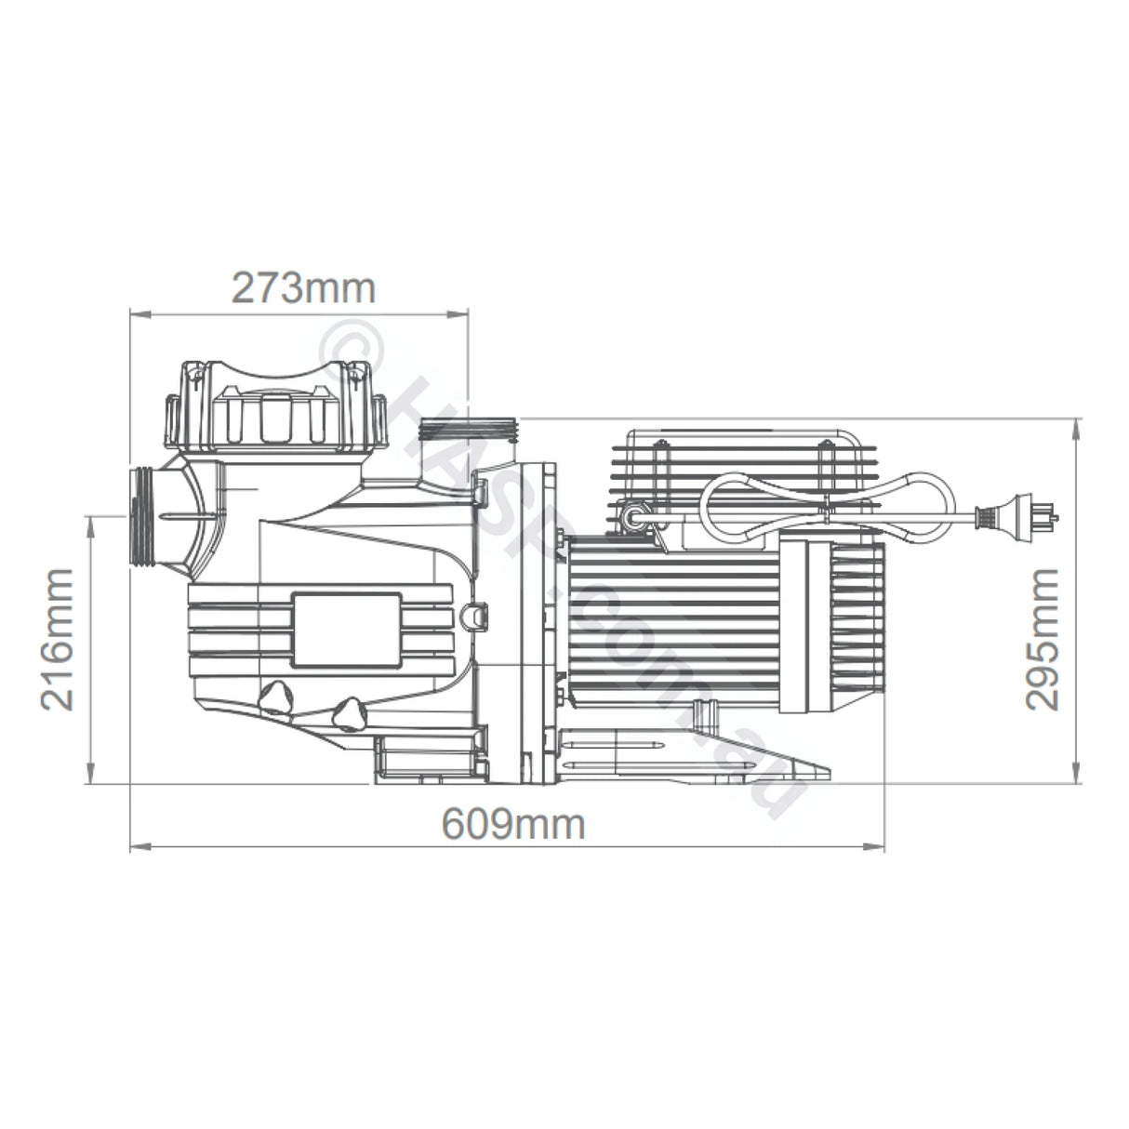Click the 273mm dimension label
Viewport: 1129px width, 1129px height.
click(x=303, y=288)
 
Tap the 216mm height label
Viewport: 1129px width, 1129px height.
click(x=59, y=639)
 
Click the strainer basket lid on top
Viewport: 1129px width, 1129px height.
click(x=274, y=403)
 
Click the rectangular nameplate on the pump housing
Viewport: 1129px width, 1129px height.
click(x=346, y=630)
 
